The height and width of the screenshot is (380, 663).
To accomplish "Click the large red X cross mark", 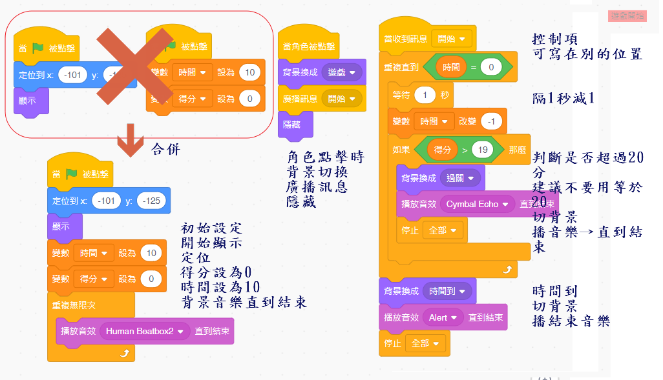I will click(134, 68).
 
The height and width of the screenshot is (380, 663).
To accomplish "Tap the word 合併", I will click(166, 149).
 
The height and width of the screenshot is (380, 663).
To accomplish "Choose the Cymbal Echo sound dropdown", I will click(477, 204).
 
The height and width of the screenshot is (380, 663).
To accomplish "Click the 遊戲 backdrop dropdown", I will click(342, 72).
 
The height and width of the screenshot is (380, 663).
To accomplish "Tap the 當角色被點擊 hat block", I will click(309, 46).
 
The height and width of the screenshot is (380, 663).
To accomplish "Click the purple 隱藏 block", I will click(292, 125).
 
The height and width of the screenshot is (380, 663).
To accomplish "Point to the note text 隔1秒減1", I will click(562, 98).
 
